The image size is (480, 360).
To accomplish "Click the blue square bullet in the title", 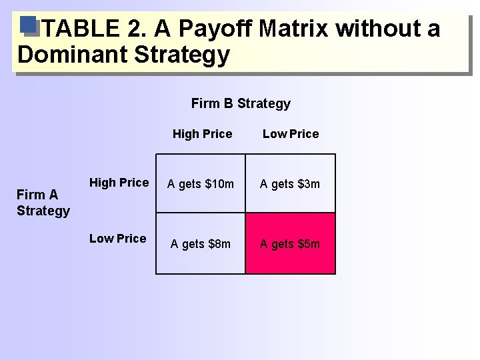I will [x=27, y=25].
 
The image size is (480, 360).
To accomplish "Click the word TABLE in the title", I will [x=80, y=29].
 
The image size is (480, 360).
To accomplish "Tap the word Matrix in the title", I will [x=293, y=29].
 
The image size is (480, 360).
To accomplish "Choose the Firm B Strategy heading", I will [x=241, y=103].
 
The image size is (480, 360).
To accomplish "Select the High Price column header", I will [x=202, y=134].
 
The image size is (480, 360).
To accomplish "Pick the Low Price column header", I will [x=291, y=134].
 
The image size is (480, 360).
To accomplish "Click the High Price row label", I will [x=119, y=183].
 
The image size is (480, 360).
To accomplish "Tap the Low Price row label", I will [x=117, y=239].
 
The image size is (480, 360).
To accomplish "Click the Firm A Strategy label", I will [x=43, y=203].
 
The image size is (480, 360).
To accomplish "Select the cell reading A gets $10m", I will [x=201, y=184].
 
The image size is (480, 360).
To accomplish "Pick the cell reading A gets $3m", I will [x=290, y=184].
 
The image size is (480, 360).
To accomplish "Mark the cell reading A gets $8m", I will [x=201, y=244].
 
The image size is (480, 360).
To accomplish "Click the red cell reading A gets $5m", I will [x=290, y=244].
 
